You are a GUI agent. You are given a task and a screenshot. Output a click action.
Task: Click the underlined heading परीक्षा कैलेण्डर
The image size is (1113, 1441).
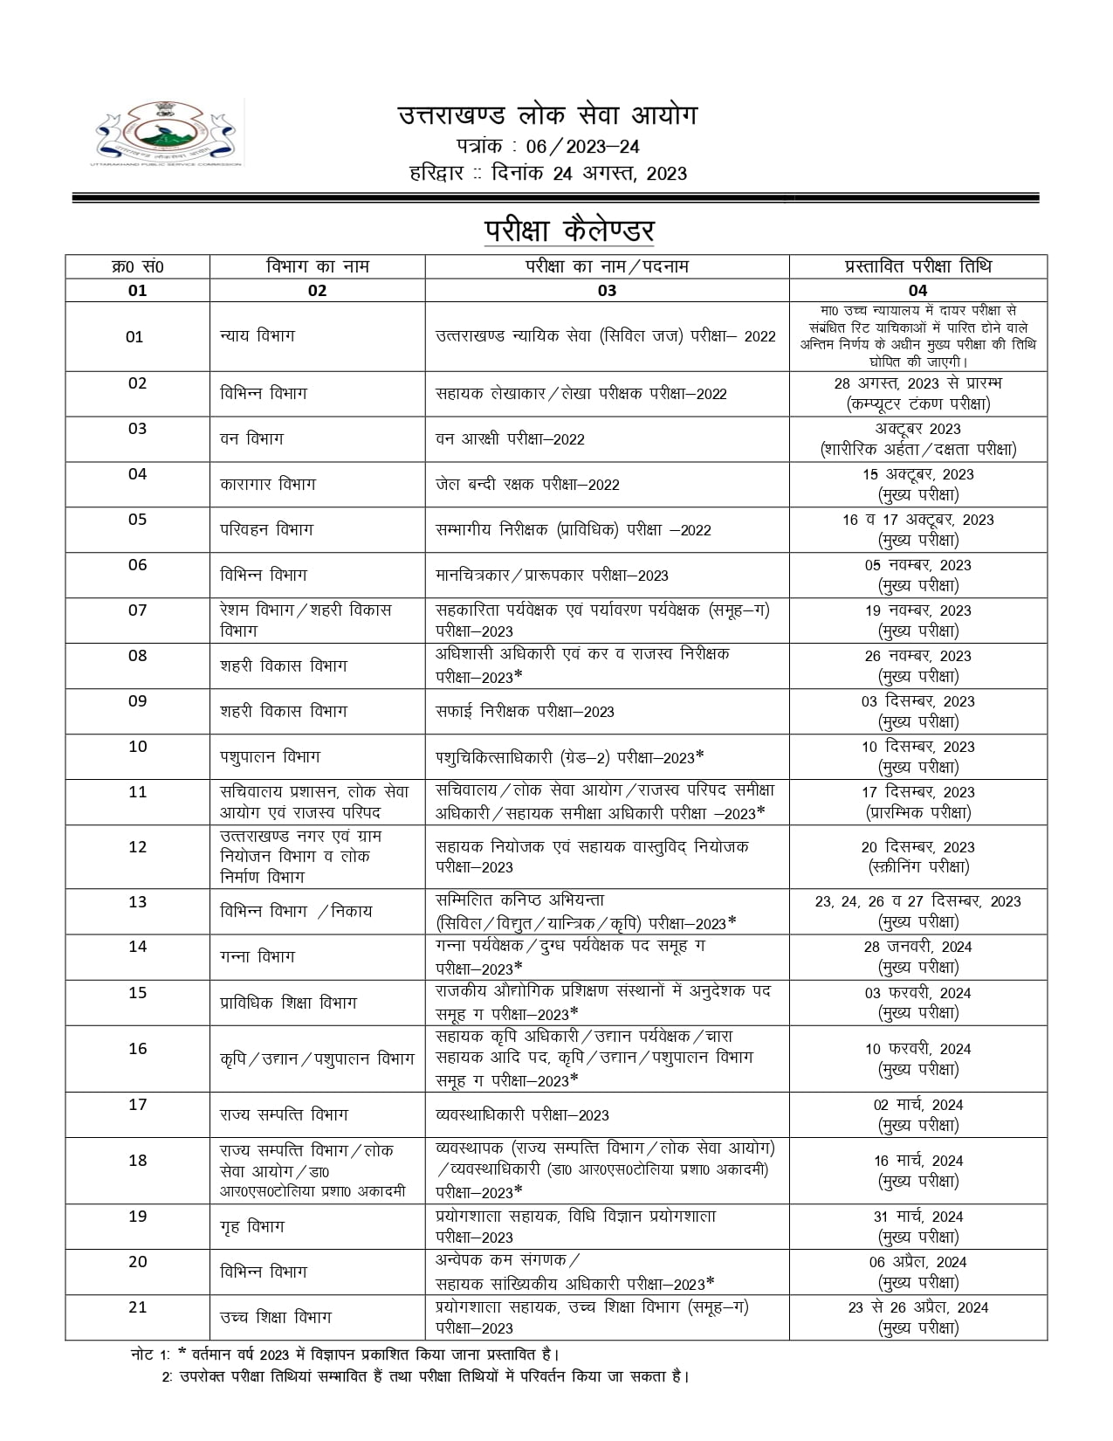pos(569,231)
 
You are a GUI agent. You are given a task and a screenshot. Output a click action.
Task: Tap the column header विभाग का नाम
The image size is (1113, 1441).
pos(317,266)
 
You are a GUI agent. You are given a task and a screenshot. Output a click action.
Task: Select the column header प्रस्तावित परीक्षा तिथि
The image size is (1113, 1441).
pos(917,266)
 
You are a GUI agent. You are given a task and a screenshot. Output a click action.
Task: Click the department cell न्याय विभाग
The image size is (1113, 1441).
pos(258,336)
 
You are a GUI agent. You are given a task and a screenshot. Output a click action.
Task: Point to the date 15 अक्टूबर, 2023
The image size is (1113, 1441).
pos(917,474)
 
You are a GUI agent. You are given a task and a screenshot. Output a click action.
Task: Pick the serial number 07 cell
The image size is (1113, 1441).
pos(138,610)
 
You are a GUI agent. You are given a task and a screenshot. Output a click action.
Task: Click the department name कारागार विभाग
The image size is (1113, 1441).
pos(268,484)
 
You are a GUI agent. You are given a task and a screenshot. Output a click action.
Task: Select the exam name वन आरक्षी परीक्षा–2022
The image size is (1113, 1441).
pos(510,438)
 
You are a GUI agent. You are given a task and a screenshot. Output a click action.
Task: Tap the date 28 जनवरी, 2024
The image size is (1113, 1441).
pos(917,947)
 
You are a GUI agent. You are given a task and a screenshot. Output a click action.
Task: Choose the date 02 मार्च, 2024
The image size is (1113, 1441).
pos(917,1105)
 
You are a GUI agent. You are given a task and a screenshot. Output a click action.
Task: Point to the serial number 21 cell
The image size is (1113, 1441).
pos(138,1307)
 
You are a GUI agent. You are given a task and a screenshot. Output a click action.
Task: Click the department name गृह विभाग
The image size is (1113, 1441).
pos(252,1226)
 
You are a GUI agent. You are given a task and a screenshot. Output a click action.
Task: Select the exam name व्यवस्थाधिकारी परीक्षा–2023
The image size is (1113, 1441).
pos(522,1115)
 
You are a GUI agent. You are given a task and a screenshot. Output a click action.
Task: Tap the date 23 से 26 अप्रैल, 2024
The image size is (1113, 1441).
pos(917,1307)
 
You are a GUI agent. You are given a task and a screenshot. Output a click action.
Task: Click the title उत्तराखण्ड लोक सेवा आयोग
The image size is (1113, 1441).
pos(547,115)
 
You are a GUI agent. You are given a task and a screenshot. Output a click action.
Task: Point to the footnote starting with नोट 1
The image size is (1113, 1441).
pos(345,1355)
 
